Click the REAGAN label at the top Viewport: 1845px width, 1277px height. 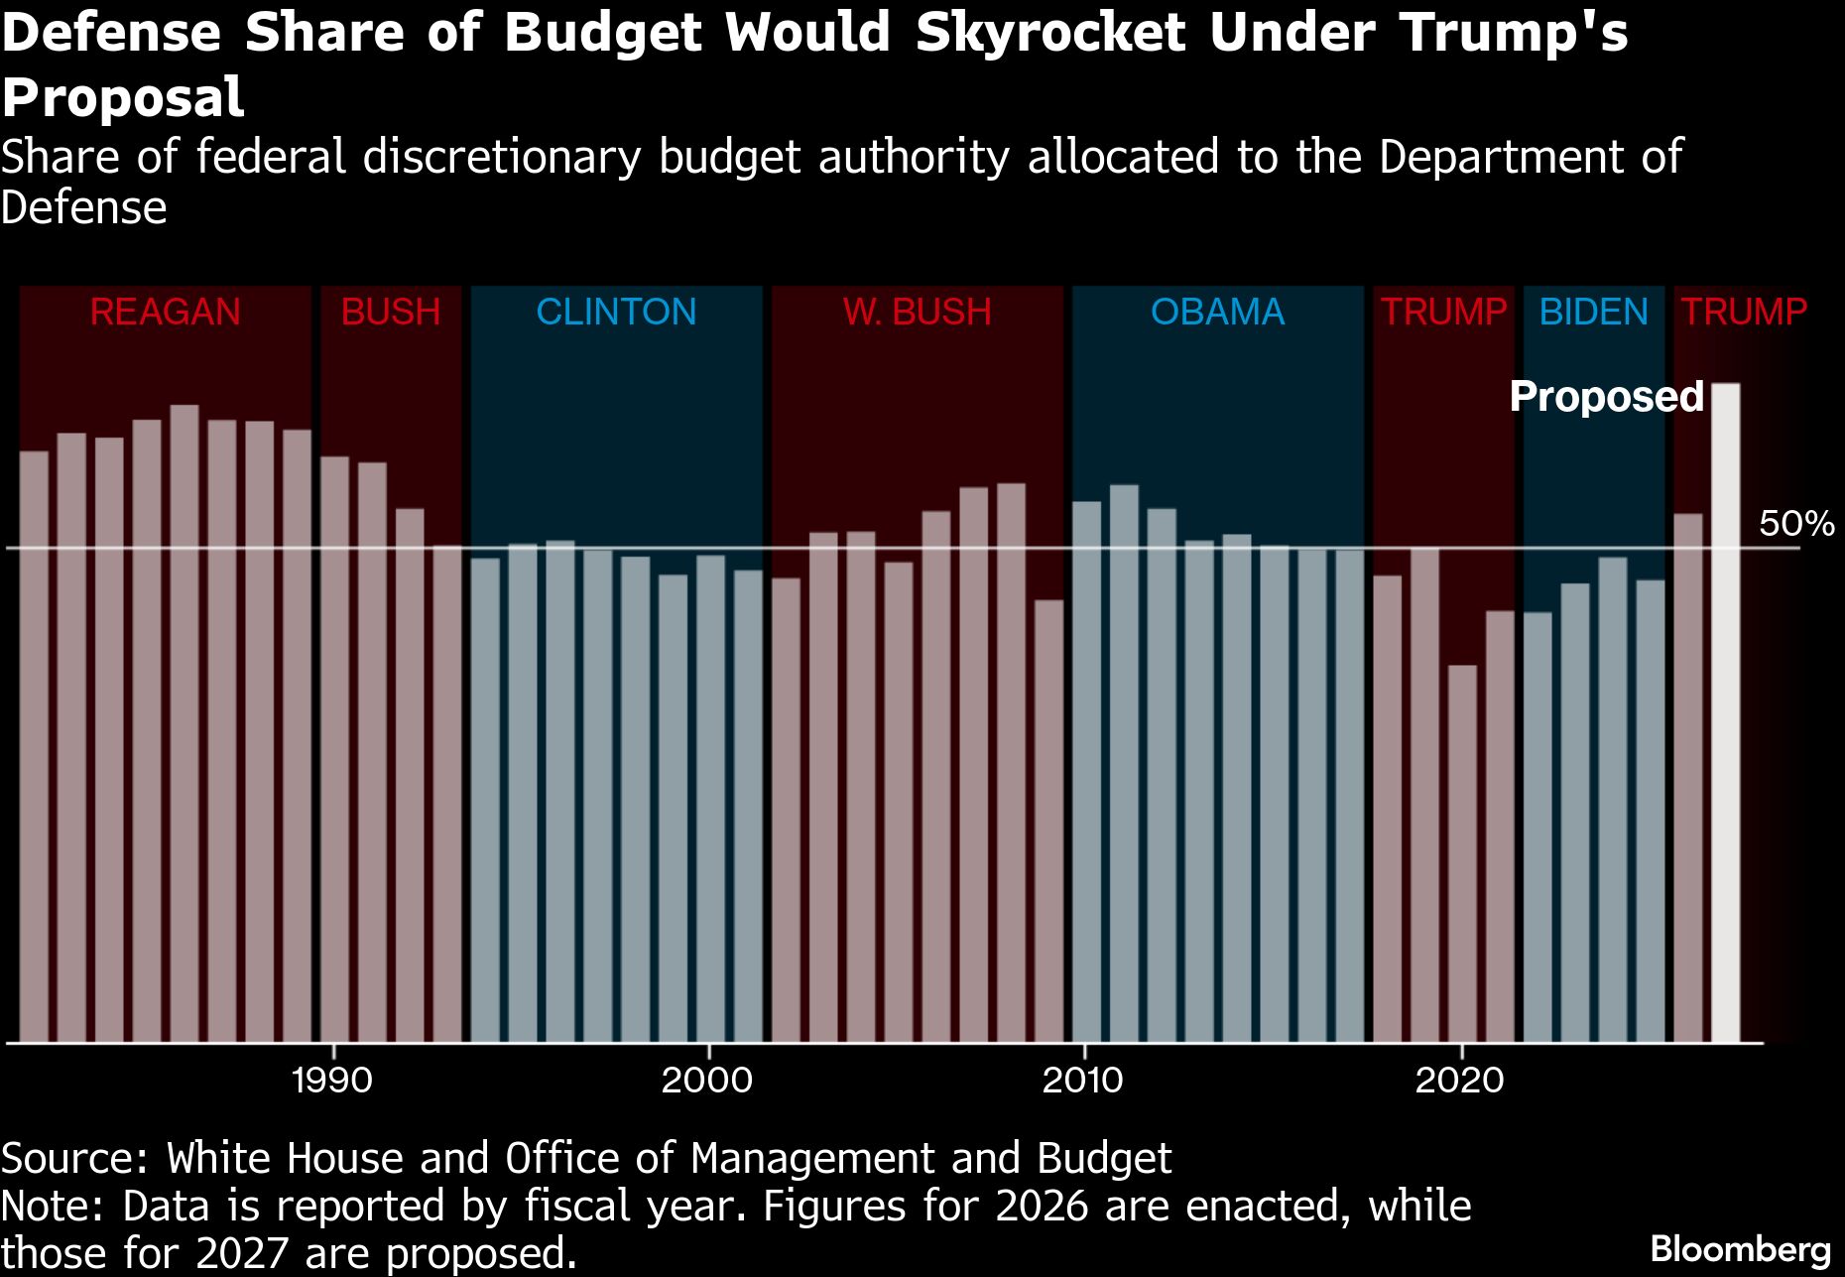(x=165, y=313)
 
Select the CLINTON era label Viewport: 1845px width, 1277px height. (x=616, y=313)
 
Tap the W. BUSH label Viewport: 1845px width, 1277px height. (x=918, y=313)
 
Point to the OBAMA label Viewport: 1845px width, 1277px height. (x=1217, y=313)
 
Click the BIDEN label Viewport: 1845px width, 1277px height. (x=1593, y=313)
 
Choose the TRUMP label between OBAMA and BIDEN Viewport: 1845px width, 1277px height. (x=1443, y=313)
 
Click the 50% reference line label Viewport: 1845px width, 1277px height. (x=1795, y=524)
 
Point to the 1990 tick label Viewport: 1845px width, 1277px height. (x=332, y=1080)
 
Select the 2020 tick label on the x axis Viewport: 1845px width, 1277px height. (x=1460, y=1080)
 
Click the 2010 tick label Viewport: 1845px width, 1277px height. (x=1083, y=1080)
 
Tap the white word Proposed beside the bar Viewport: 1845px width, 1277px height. (x=1606, y=397)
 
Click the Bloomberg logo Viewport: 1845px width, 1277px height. (x=1741, y=1249)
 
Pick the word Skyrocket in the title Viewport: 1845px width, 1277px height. (x=1050, y=33)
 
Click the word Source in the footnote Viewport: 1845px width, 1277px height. (x=72, y=1159)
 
